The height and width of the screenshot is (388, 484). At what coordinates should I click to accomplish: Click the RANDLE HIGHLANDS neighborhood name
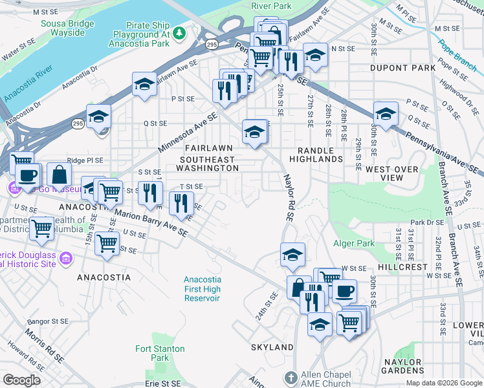(316, 154)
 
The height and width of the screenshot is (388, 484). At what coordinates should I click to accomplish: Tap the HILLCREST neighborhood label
(402, 266)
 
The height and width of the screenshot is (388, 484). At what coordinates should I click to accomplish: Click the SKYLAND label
(272, 347)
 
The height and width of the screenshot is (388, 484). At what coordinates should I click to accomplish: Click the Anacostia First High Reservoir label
(202, 288)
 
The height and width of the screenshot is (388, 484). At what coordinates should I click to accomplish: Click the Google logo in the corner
(22, 380)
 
